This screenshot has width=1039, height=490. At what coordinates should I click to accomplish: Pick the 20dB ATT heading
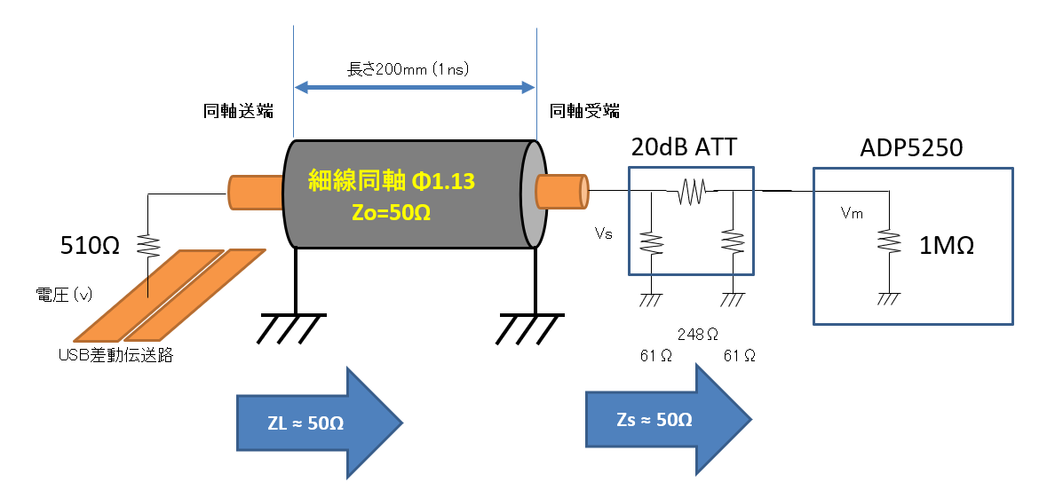(x=684, y=147)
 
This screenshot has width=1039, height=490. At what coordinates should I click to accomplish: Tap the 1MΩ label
(x=947, y=246)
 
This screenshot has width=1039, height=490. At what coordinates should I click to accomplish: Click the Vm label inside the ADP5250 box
(x=852, y=213)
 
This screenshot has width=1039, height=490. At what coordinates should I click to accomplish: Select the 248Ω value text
(x=697, y=335)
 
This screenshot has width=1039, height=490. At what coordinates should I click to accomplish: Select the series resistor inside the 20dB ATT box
(x=690, y=190)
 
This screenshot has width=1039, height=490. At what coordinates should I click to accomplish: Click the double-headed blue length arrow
(x=414, y=87)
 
